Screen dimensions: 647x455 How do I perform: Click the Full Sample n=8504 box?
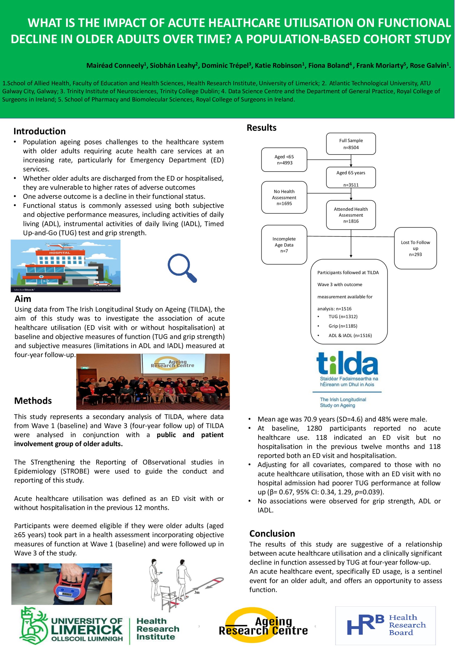click(351, 144)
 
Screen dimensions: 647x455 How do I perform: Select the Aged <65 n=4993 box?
click(284, 159)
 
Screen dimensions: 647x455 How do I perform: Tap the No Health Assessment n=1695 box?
click(284, 197)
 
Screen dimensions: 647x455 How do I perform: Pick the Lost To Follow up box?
click(415, 248)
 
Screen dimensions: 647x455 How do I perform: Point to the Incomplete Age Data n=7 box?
click(284, 245)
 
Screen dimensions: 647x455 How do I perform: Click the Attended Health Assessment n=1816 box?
click(351, 215)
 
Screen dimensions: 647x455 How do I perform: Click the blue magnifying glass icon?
click(182, 267)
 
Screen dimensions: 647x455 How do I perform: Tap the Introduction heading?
click(39, 131)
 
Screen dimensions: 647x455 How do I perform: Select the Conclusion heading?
click(272, 533)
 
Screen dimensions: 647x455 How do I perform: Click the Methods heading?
click(33, 401)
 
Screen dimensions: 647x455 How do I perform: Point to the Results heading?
click(261, 128)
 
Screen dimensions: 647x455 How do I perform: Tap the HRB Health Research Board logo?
click(385, 625)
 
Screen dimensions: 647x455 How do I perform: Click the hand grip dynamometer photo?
click(62, 584)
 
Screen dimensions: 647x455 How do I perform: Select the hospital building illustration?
click(65, 266)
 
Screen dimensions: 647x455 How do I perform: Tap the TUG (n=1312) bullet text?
click(343, 316)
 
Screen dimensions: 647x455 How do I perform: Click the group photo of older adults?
click(153, 382)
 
